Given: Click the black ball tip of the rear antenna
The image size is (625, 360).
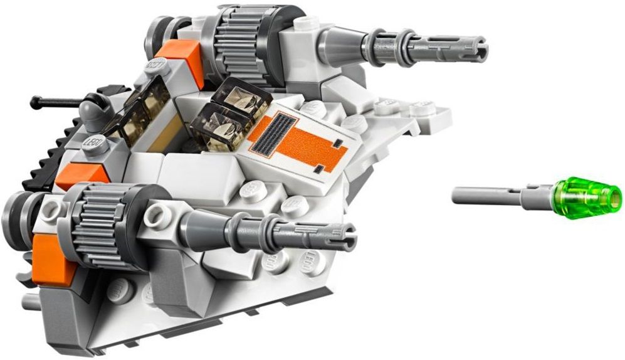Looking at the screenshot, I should [x=34, y=100].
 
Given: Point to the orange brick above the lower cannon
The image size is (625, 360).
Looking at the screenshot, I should [x=75, y=176].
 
